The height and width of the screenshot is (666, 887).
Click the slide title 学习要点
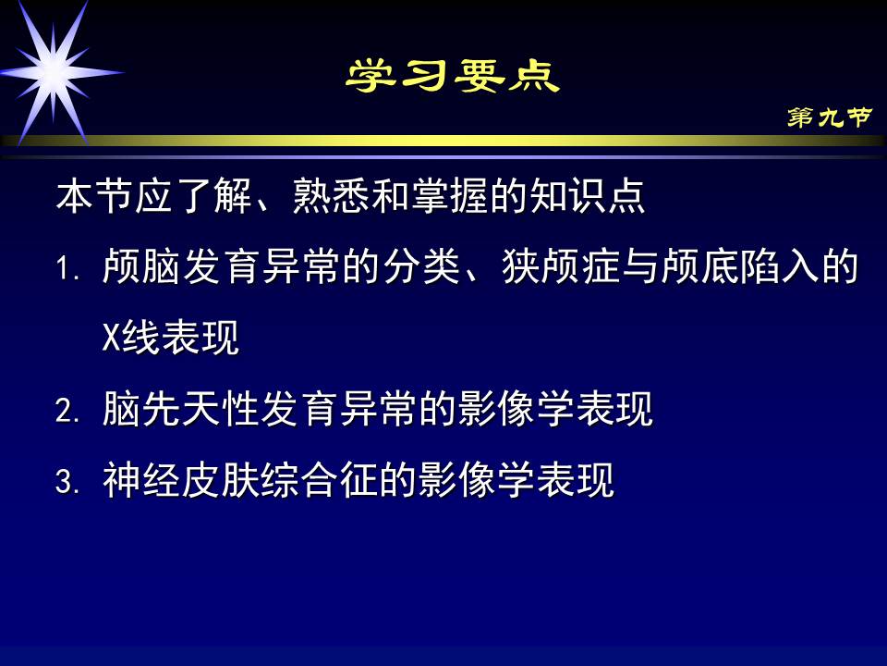(453, 77)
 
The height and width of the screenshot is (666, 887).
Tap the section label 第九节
(829, 117)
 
